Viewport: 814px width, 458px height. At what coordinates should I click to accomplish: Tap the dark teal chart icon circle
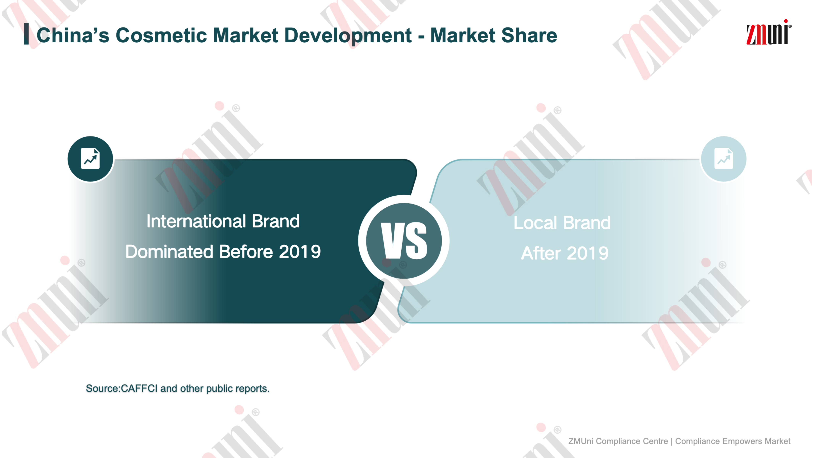pos(90,159)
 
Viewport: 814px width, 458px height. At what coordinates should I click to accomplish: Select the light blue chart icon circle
pos(724,159)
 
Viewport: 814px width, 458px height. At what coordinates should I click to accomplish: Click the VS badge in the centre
pos(404,240)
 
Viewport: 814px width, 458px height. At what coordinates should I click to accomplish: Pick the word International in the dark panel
pos(196,221)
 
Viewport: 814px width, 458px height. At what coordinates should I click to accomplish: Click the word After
pos(541,253)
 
